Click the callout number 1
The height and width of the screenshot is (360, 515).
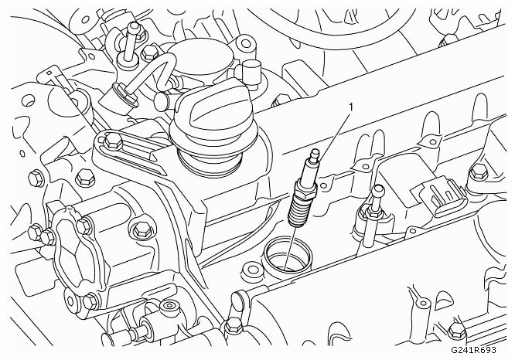pos(351,107)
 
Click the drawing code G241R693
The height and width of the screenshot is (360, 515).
pos(473,350)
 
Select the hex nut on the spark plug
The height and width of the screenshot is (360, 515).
pos(306,189)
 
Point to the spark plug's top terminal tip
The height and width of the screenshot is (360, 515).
pos(315,153)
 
